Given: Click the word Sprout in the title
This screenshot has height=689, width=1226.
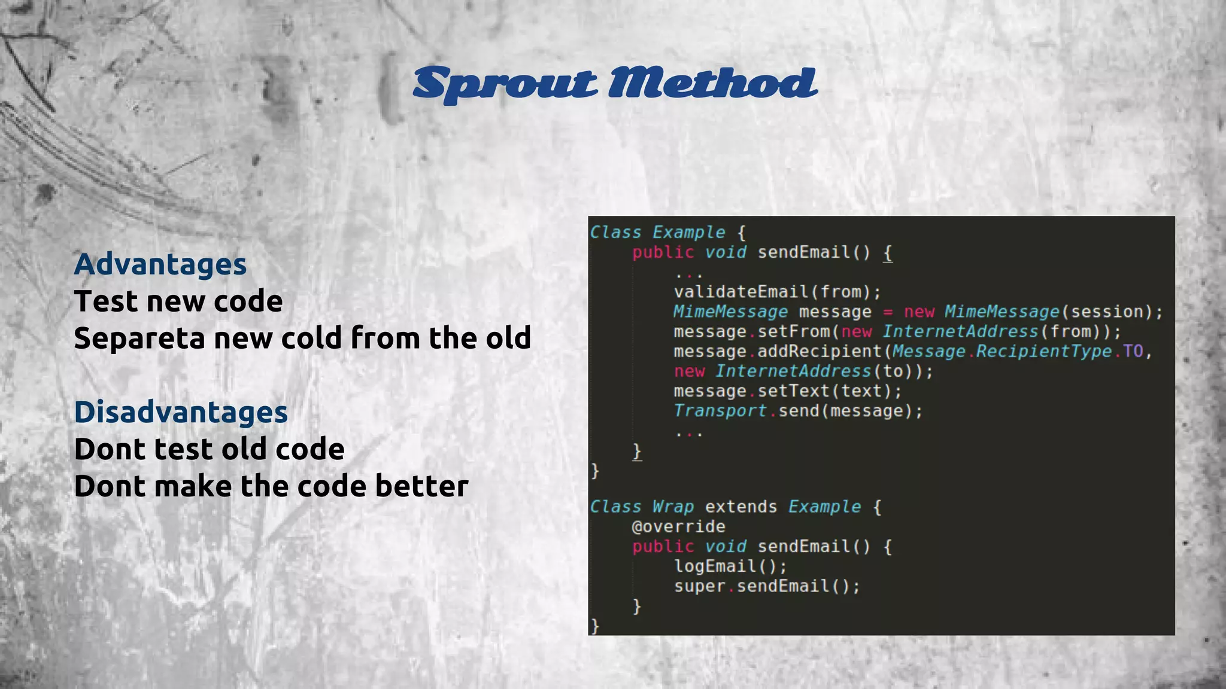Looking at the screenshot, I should coord(505,83).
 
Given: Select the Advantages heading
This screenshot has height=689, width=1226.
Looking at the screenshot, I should coord(160,264).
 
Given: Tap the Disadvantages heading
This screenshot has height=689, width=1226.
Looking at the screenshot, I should coord(181,412).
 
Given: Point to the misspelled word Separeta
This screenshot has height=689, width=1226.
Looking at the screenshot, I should coord(139,338).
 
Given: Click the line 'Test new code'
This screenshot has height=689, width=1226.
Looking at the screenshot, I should coord(178,301).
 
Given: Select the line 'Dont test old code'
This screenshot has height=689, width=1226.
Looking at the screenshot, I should coord(209,449).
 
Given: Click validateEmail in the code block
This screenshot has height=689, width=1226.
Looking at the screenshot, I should coord(741,292).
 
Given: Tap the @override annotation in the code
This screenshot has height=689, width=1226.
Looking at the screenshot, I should coord(678,527).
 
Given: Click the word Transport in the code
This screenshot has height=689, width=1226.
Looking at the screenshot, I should coord(720,411).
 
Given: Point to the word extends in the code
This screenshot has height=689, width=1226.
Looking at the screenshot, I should coord(741,507).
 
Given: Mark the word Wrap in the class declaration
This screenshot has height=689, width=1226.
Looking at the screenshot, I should coord(673,507).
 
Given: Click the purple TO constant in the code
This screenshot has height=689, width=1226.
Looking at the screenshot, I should coord(1133,351).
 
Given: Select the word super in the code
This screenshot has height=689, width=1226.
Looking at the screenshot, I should coord(699,586).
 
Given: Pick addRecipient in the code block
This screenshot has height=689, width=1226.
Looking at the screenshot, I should coord(820,351).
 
